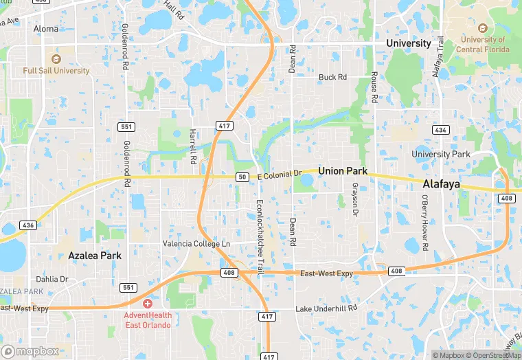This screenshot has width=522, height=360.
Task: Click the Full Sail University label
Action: pos(56,71)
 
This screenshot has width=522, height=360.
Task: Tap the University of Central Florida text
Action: pos(482,45)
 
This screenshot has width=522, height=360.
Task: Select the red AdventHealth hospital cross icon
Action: pos(147,303)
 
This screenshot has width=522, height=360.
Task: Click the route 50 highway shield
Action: pos(242,177)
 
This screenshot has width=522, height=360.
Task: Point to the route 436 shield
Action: pos(28,225)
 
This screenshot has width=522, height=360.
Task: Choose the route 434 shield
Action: pos(440,130)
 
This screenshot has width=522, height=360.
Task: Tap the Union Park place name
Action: pos(342,170)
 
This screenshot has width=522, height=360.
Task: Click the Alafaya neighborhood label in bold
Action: pos(440,185)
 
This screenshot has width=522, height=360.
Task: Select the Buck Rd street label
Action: pos(332,78)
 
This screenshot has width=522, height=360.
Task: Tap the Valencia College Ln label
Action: pos(196,244)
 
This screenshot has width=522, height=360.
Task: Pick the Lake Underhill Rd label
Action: pos(327,309)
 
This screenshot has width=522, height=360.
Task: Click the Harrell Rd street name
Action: pos(194,146)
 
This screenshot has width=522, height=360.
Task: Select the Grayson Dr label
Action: pos(355,200)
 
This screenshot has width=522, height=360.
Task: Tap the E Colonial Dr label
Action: pos(280,176)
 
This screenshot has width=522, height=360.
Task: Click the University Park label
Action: pos(441,154)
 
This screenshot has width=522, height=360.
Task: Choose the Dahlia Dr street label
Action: pos(52,280)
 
